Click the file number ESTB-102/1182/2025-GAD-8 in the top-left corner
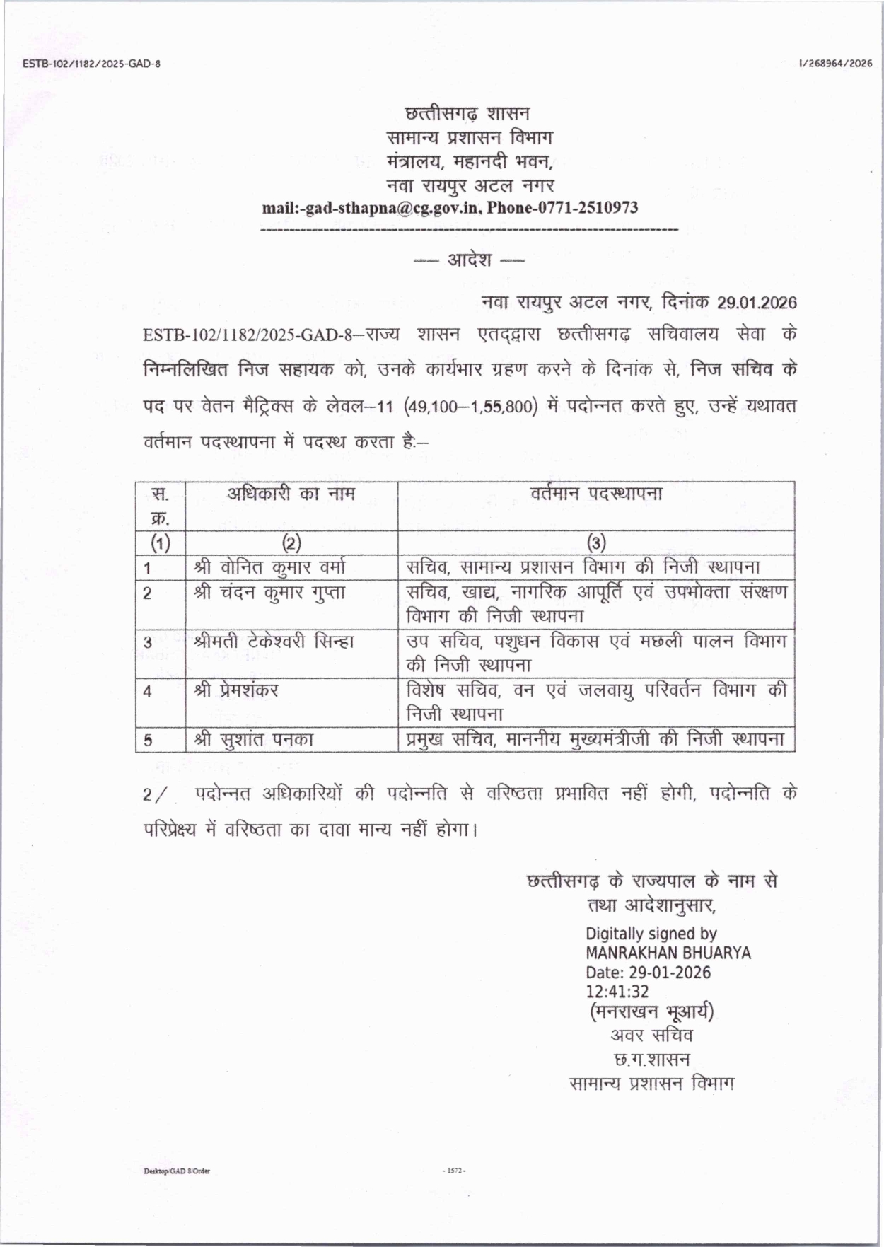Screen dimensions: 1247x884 (x=91, y=64)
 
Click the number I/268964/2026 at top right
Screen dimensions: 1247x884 (x=835, y=64)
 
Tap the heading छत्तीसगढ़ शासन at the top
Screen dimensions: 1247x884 (x=467, y=113)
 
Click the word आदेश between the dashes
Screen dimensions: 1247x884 (x=469, y=260)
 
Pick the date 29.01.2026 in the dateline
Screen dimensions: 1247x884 (x=757, y=303)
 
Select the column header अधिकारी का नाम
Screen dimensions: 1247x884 (x=291, y=494)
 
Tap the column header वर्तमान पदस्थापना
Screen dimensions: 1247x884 (x=596, y=494)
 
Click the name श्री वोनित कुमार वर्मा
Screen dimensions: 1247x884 (x=270, y=567)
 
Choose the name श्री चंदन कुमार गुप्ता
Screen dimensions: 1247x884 (x=270, y=593)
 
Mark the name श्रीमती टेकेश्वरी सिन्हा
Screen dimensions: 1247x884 (x=274, y=642)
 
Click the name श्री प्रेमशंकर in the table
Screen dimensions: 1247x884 (x=236, y=690)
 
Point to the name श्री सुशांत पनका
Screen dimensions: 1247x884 (x=254, y=740)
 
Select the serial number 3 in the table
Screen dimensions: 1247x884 (x=148, y=642)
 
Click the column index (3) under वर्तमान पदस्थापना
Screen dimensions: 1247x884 (x=596, y=543)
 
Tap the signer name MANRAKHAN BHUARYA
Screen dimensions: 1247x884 (x=668, y=953)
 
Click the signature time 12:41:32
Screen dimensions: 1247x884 (x=617, y=992)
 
